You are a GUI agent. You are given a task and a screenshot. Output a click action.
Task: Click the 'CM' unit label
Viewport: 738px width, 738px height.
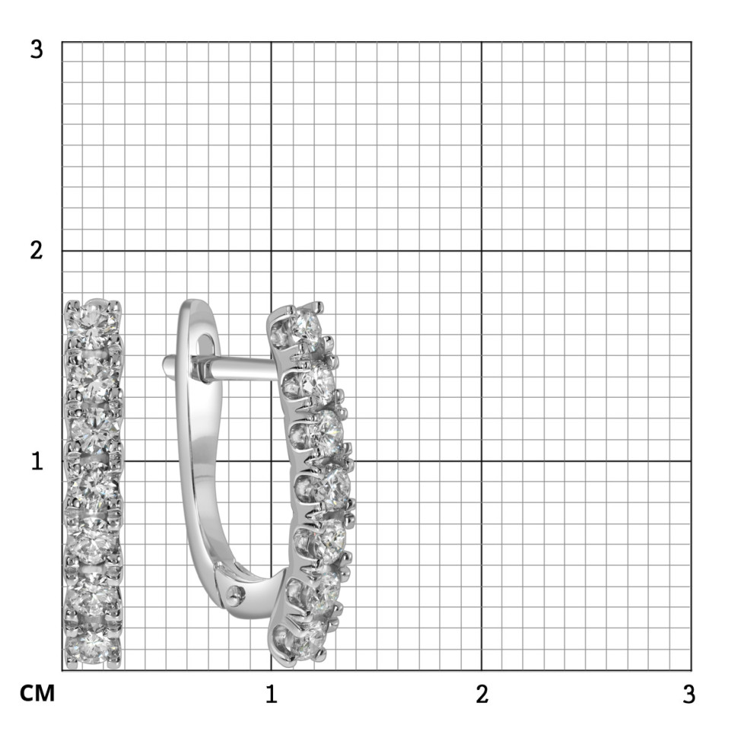37,693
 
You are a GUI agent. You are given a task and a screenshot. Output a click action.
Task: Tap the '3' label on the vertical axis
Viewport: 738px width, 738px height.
37,49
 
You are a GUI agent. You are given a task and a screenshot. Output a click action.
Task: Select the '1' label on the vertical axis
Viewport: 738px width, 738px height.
37,461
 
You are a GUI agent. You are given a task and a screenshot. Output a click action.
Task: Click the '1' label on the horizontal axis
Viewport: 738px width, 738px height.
271,694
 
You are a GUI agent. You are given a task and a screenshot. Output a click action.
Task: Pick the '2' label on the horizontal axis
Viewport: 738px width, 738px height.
482,694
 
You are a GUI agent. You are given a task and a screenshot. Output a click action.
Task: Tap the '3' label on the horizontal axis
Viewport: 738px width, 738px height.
689,694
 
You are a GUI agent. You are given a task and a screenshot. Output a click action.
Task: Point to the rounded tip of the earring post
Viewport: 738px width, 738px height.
167,364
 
